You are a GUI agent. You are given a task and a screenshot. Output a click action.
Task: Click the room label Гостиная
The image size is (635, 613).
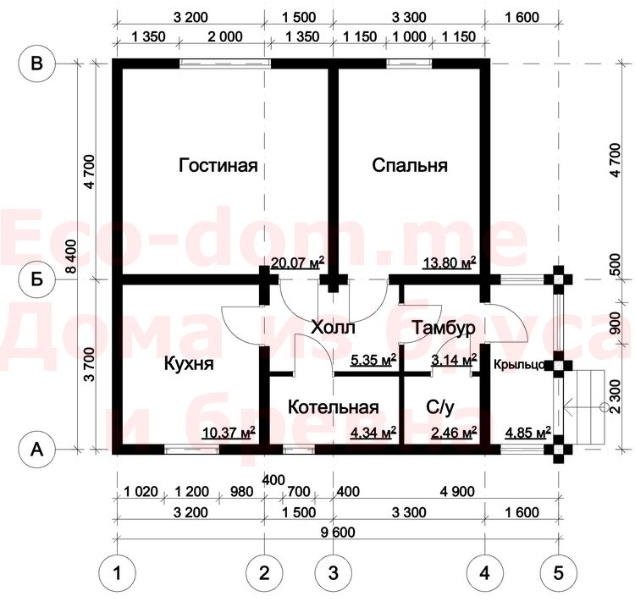(x=218, y=166)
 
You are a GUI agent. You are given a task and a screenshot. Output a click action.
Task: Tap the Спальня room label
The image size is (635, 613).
(x=410, y=166)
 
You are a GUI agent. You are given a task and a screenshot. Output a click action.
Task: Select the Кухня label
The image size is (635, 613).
(x=189, y=364)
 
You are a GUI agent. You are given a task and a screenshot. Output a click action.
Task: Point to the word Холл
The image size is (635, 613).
(x=333, y=327)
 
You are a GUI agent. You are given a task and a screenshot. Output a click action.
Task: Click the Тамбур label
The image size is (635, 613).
(x=444, y=328)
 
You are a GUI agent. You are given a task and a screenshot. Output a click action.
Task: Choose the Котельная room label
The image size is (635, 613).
(x=334, y=407)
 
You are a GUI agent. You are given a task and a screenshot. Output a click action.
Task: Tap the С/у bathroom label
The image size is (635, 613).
(x=440, y=407)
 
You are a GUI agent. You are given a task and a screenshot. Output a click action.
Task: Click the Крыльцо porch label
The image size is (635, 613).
(x=519, y=365)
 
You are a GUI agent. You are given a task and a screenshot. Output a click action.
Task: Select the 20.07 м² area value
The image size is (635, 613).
(x=297, y=263)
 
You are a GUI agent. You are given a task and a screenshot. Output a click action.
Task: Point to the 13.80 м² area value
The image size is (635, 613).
(x=450, y=263)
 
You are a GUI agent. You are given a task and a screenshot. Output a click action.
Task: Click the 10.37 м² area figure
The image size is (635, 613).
(x=229, y=433)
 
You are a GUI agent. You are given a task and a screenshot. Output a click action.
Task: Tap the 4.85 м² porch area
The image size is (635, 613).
(x=528, y=433)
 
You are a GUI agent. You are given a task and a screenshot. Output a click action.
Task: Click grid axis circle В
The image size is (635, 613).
(x=37, y=64)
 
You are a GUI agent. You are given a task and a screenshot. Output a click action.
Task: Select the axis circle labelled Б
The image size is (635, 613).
(x=37, y=279)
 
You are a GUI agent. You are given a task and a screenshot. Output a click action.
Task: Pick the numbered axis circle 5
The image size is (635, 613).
(x=559, y=573)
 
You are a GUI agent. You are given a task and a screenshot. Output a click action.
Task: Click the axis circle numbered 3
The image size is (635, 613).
(x=334, y=573)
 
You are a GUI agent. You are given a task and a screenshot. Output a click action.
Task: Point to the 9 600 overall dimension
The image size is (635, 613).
(x=338, y=533)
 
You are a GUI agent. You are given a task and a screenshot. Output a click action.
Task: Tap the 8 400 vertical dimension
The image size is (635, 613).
(x=70, y=257)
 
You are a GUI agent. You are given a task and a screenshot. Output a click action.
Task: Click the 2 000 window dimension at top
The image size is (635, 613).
(x=225, y=37)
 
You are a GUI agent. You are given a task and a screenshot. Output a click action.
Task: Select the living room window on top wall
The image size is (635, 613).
(x=225, y=64)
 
